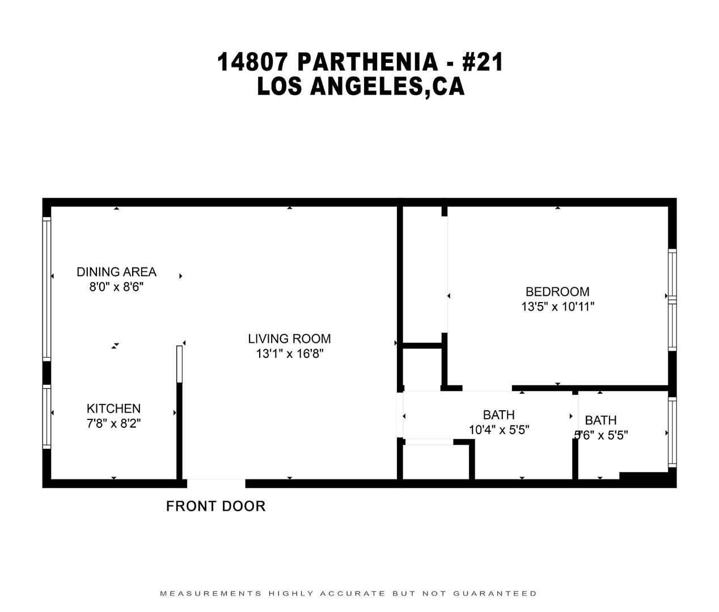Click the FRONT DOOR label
[215, 506]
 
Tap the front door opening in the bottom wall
[216, 483]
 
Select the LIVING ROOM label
[289, 339]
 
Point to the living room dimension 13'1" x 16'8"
[289, 354]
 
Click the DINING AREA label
[116, 272]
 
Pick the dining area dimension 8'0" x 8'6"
[116, 287]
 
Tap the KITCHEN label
[113, 408]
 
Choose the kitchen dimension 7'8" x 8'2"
[113, 423]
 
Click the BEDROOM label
[557, 292]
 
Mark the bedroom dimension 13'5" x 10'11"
[557, 307]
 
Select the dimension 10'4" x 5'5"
[499, 430]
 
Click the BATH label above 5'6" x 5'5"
[600, 420]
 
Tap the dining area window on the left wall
[47, 289]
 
